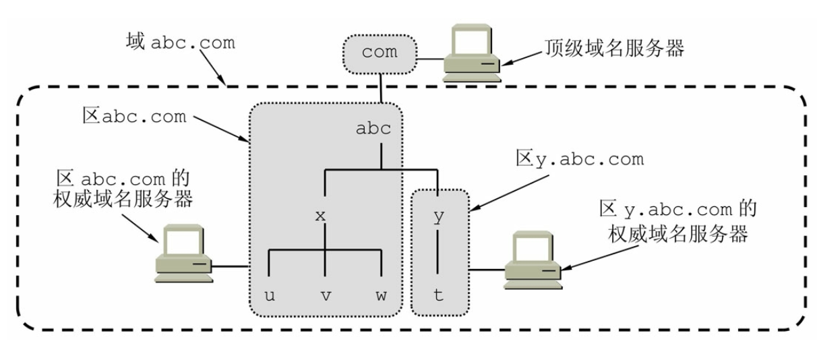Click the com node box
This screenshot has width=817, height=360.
pyautogui.click(x=380, y=55)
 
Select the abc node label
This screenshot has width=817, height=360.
pyautogui.click(x=373, y=128)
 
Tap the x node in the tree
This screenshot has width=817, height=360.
pyautogui.click(x=320, y=216)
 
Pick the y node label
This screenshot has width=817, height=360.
pyautogui.click(x=439, y=217)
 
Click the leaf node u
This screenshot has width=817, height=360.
pyautogui.click(x=270, y=295)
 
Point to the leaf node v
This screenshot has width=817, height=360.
pyautogui.click(x=326, y=295)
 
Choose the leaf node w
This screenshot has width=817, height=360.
pyautogui.click(x=381, y=295)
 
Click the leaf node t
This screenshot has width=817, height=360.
pyautogui.click(x=438, y=295)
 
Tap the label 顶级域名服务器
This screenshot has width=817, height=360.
pyautogui.click(x=614, y=48)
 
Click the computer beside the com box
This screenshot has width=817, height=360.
pyautogui.click(x=472, y=53)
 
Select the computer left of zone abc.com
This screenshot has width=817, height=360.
pyautogui.click(x=183, y=253)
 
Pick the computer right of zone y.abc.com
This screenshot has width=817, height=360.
pyautogui.click(x=533, y=260)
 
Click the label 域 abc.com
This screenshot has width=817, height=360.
pyautogui.click(x=181, y=42)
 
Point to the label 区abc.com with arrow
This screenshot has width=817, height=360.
pyautogui.click(x=134, y=116)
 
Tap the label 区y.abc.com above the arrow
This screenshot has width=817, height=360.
pyautogui.click(x=580, y=159)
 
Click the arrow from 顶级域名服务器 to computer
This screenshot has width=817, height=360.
pyautogui.click(x=522, y=59)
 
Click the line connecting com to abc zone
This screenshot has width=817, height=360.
pyautogui.click(x=381, y=88)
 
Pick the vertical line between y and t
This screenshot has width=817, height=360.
pyautogui.click(x=437, y=252)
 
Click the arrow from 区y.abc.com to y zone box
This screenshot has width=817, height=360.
pyautogui.click(x=509, y=193)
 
